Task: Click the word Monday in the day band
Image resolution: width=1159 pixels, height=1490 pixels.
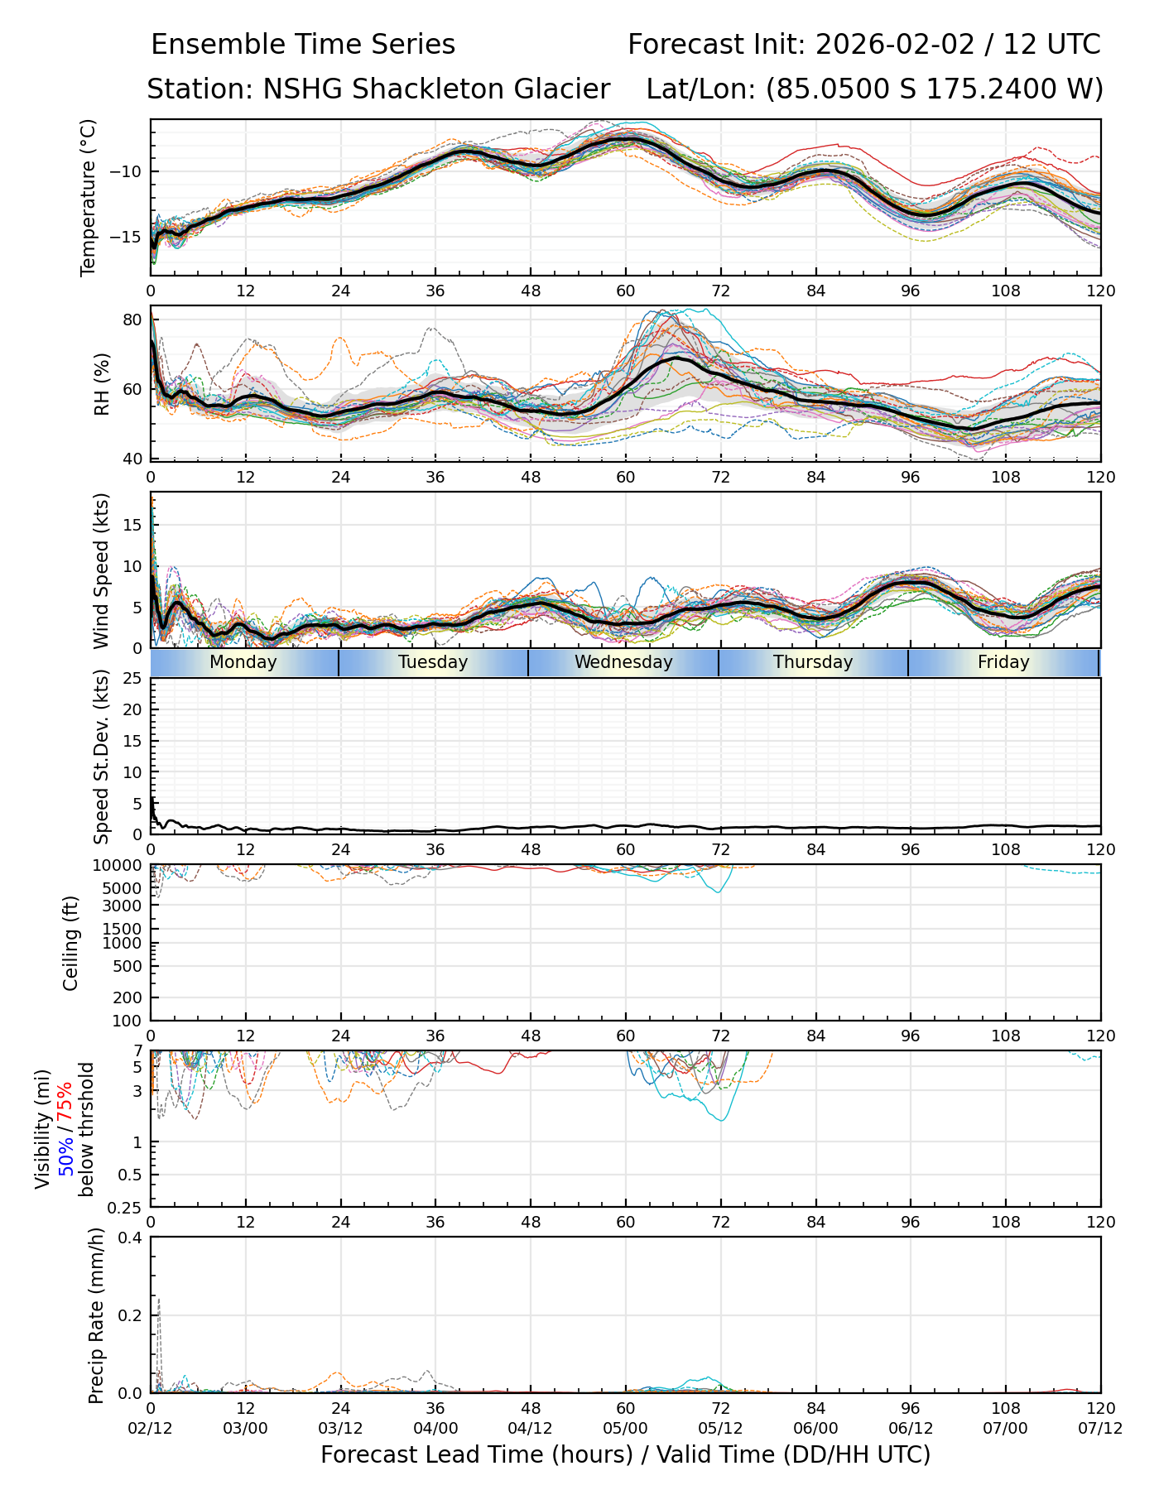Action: tap(243, 662)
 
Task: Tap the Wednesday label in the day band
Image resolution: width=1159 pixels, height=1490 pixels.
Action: tap(623, 662)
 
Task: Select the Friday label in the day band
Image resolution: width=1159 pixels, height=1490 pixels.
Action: tap(1003, 662)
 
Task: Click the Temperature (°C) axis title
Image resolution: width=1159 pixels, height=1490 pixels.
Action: tap(89, 197)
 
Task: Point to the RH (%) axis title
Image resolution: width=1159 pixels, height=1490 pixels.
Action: tap(102, 384)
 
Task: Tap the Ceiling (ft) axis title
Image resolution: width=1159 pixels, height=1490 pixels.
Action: tap(71, 943)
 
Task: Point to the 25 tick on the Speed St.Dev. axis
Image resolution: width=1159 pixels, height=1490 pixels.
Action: tap(134, 679)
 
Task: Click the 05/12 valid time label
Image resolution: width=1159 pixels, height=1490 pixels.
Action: tap(720, 1428)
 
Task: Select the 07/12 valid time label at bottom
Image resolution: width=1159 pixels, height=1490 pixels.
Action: tap(1100, 1428)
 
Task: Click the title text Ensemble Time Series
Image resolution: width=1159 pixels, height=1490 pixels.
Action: tap(303, 45)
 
